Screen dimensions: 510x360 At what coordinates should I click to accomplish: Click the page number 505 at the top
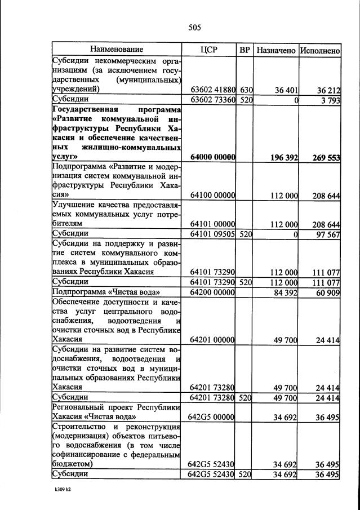pos(194,27)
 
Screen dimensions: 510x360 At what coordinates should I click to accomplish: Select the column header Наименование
pos(117,50)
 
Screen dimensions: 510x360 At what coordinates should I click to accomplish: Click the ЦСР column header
pos(208,50)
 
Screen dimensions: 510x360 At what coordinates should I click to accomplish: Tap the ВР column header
pos(245,50)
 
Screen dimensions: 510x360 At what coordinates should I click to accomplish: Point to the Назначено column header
pos(275,50)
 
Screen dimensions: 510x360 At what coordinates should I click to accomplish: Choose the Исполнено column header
pos(319,50)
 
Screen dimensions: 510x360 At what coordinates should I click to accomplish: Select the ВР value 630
pos(246,89)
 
